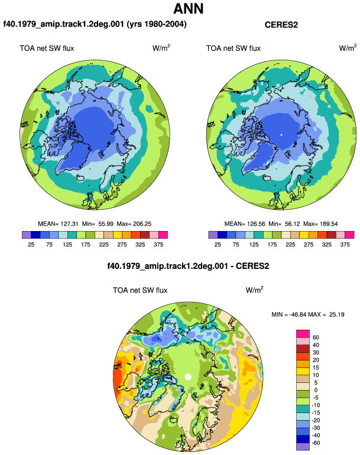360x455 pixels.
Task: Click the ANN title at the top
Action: tap(188, 8)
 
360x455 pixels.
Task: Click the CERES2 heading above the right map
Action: tap(281, 25)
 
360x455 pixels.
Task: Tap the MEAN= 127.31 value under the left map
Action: tap(58, 224)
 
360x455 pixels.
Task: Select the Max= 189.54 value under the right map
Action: tap(320, 224)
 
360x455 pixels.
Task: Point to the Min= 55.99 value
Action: tap(98, 224)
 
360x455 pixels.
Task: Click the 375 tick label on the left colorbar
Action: tap(158, 245)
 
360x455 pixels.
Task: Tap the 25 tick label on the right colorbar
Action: tap(218, 245)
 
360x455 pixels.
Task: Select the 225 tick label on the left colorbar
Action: tap(103, 245)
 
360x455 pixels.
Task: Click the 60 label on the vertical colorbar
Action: tap(316, 337)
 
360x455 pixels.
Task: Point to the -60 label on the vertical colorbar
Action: tap(316, 443)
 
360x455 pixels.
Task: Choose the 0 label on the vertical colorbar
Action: tap(316, 390)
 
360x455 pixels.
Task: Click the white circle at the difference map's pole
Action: tap(188, 376)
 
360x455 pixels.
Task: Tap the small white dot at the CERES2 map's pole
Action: tap(281, 135)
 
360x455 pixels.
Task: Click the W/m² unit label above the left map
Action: tap(161, 48)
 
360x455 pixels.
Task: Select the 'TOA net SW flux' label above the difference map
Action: tap(140, 290)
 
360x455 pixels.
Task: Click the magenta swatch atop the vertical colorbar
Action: tap(303, 334)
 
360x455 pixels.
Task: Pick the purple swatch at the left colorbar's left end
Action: tap(27, 235)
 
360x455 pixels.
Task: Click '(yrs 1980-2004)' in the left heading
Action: tap(157, 24)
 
